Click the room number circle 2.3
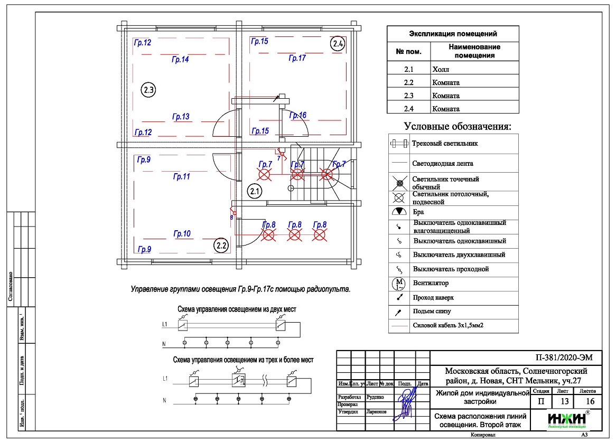pos(148,90)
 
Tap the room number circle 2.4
pos(338,44)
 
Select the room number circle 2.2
pos(221,244)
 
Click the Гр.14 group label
pos(181,60)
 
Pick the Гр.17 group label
pos(297,58)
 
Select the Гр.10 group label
pos(182,233)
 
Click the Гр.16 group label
pos(298,115)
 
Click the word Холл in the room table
pos(440,70)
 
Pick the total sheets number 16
pos(590,401)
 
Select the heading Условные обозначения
pos(458,127)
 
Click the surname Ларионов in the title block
pos(376,411)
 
